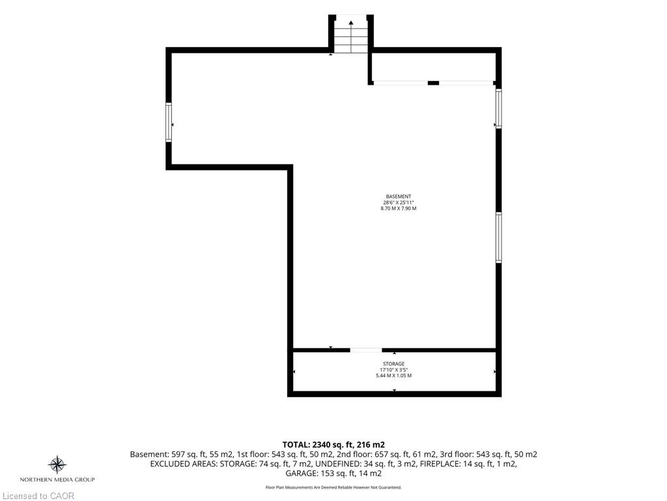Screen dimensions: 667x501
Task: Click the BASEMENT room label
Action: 399,196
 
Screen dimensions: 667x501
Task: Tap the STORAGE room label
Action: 393,364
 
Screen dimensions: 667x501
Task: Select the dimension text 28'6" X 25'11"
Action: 399,202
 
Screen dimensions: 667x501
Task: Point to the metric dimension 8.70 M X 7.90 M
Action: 399,208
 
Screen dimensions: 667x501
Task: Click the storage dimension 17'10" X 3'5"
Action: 393,370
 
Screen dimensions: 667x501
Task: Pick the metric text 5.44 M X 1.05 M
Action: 393,376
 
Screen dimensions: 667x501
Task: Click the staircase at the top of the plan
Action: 351,34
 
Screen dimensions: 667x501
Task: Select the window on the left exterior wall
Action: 169,122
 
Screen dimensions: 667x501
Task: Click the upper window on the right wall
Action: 498,108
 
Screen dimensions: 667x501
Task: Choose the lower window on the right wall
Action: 498,237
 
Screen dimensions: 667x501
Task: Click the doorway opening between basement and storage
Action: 366,350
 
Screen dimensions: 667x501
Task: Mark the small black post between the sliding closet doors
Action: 433,83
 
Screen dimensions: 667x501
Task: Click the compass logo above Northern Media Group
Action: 57,464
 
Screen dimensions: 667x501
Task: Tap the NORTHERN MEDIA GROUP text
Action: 57,479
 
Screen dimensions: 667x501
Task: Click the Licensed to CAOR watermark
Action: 38,496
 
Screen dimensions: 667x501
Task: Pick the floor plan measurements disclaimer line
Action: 333,488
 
